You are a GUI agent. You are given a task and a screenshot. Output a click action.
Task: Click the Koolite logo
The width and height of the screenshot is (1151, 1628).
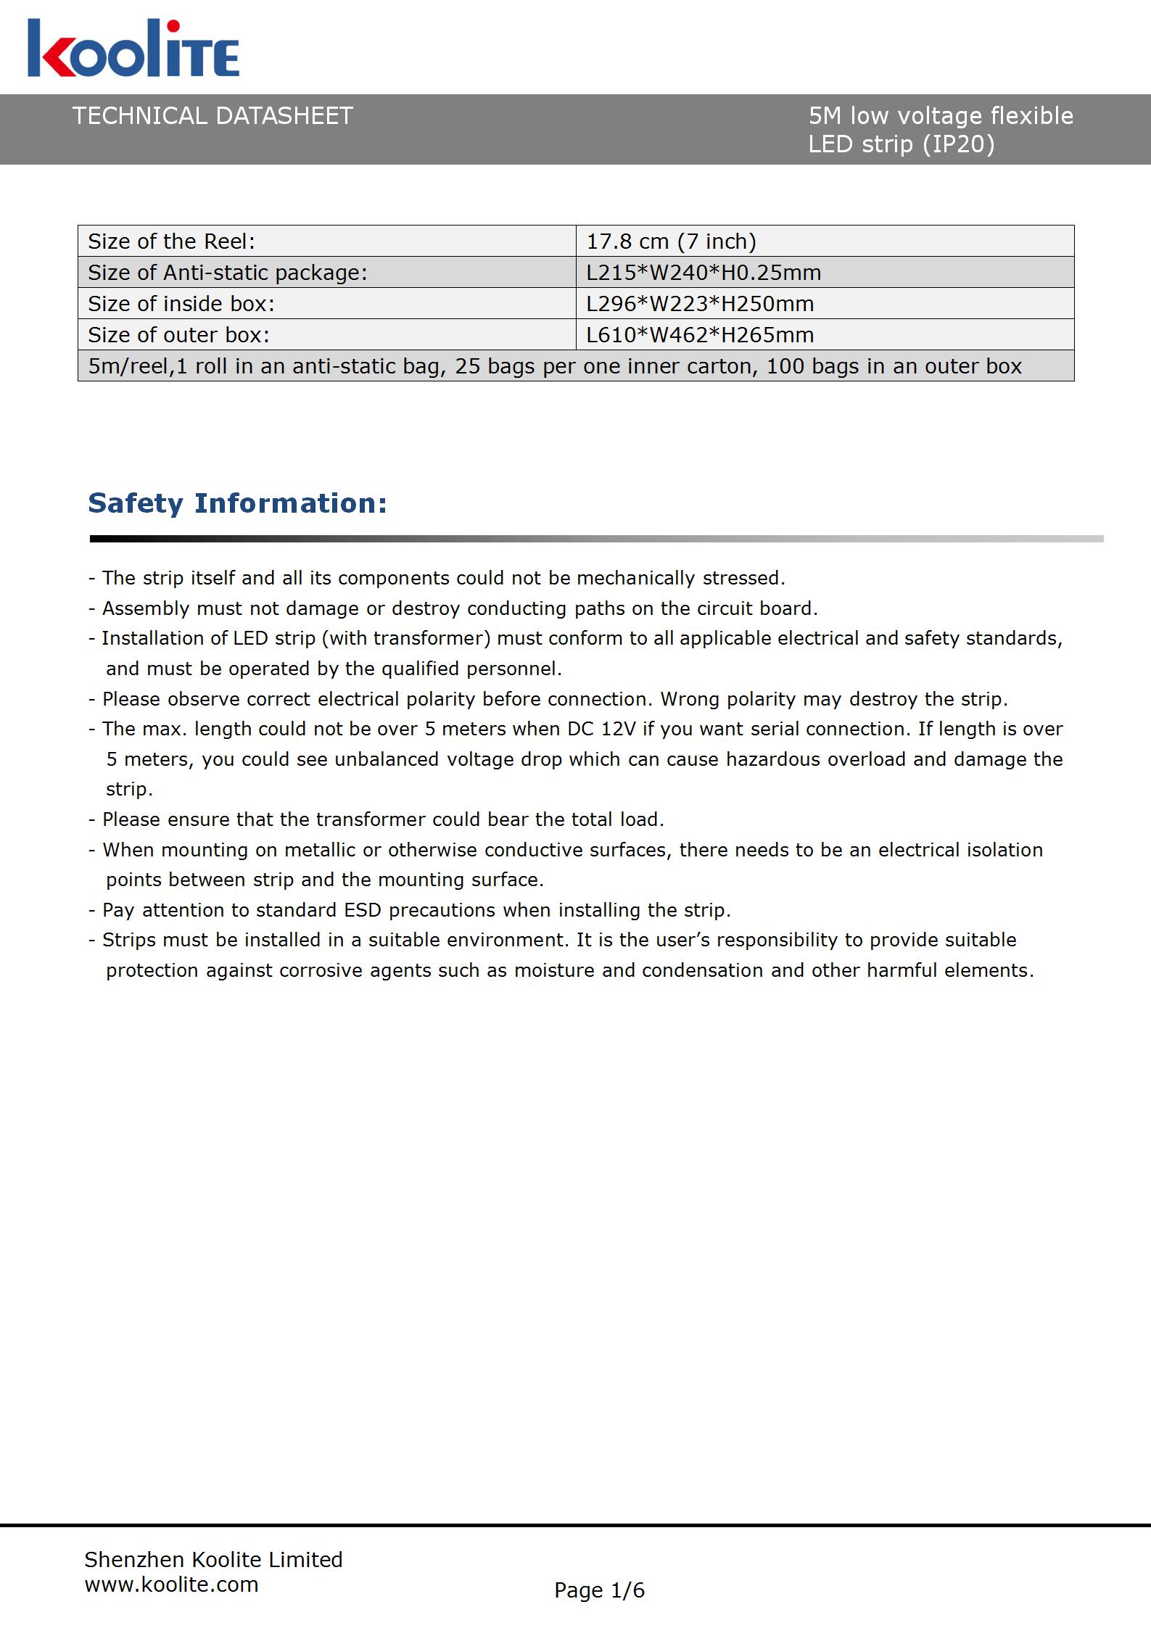point(133,49)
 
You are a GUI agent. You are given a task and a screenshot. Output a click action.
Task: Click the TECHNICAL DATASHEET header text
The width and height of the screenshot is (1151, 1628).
point(213,116)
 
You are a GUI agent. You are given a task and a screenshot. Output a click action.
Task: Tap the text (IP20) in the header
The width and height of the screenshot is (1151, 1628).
point(958,144)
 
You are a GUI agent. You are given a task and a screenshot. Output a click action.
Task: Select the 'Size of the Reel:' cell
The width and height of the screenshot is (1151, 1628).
point(172,241)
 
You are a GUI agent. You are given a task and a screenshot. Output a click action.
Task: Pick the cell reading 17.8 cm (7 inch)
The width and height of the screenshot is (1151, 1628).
point(671,241)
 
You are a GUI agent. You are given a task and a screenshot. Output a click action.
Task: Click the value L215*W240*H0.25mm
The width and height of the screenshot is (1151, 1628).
point(704,273)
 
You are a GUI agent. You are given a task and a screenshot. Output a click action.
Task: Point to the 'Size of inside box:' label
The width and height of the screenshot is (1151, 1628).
point(181,304)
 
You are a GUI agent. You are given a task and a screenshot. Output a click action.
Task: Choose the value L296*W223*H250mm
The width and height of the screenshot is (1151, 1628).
point(700,304)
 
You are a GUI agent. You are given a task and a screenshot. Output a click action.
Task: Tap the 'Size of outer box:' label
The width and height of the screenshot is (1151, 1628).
point(178,335)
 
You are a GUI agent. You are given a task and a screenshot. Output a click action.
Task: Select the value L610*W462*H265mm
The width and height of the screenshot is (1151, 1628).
point(700,335)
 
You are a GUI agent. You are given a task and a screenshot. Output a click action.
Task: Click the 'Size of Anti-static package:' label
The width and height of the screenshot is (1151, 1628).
point(228,273)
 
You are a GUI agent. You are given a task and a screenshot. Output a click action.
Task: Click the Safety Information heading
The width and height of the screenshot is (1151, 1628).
point(237,503)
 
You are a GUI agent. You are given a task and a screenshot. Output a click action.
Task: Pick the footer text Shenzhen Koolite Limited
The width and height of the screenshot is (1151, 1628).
point(213,1560)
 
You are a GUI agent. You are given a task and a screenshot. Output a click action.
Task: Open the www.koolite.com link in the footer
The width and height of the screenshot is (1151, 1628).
point(171,1584)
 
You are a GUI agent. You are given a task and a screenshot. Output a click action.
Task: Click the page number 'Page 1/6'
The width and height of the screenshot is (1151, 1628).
point(599,1590)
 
